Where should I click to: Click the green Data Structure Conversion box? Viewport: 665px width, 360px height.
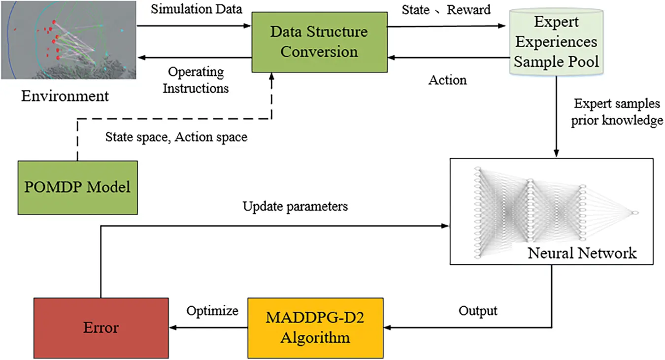tap(319, 42)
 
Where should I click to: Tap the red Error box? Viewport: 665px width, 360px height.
tap(100, 327)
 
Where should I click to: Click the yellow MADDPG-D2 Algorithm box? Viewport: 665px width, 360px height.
tap(315, 327)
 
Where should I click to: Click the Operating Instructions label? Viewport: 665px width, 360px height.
tap(196, 80)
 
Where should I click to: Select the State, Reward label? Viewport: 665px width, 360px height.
tap(446, 10)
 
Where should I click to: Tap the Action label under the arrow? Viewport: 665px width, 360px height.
tap(447, 80)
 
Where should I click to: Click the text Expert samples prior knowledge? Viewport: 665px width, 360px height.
tap(616, 112)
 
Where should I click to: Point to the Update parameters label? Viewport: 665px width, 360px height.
tap(295, 206)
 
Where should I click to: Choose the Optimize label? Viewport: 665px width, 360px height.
tap(212, 311)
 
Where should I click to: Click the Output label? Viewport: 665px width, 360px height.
tap(478, 311)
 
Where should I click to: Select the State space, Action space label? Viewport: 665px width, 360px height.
tap(176, 137)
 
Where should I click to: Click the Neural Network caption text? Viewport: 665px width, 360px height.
tap(582, 253)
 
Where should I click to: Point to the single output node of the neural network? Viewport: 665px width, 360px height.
tap(635, 212)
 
